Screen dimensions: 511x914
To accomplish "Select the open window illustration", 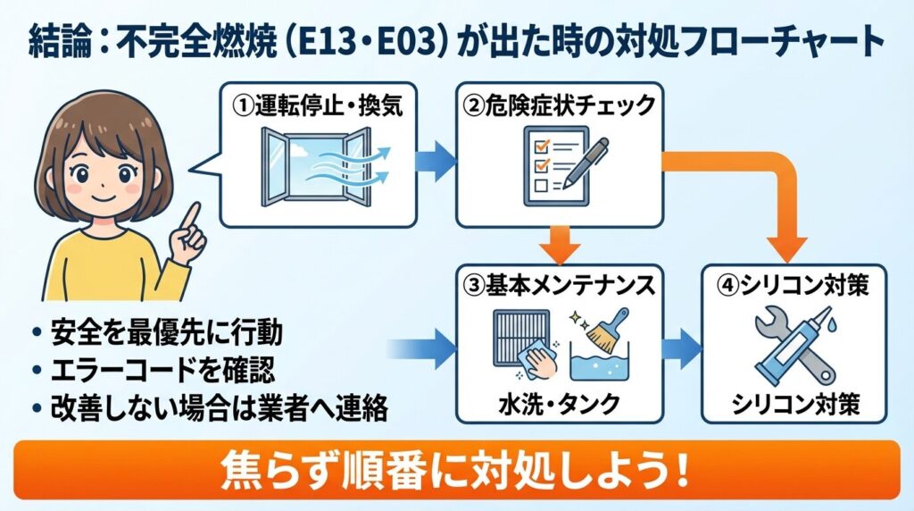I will tap(318, 168).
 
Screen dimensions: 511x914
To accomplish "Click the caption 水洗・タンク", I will tap(560, 405).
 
